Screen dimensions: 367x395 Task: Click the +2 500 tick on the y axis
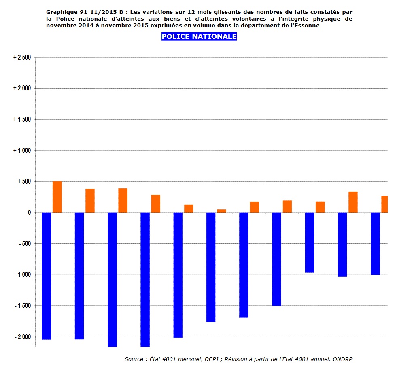click(x=22, y=58)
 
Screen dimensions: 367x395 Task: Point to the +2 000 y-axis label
click(x=22, y=88)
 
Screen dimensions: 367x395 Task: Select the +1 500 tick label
click(x=22, y=119)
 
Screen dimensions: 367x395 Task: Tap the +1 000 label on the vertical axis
click(x=22, y=151)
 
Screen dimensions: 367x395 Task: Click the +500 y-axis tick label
click(x=24, y=181)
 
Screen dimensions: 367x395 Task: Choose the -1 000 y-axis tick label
click(x=22, y=275)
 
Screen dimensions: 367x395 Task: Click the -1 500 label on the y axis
click(x=22, y=306)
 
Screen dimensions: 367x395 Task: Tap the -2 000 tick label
click(x=22, y=337)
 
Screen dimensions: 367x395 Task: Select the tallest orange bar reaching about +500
click(x=57, y=197)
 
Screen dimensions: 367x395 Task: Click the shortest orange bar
click(x=221, y=211)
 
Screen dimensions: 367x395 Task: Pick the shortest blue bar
click(x=310, y=242)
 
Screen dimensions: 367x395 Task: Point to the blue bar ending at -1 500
click(x=276, y=259)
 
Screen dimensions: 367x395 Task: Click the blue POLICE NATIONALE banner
click(x=199, y=36)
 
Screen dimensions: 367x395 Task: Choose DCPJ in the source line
click(x=209, y=359)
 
